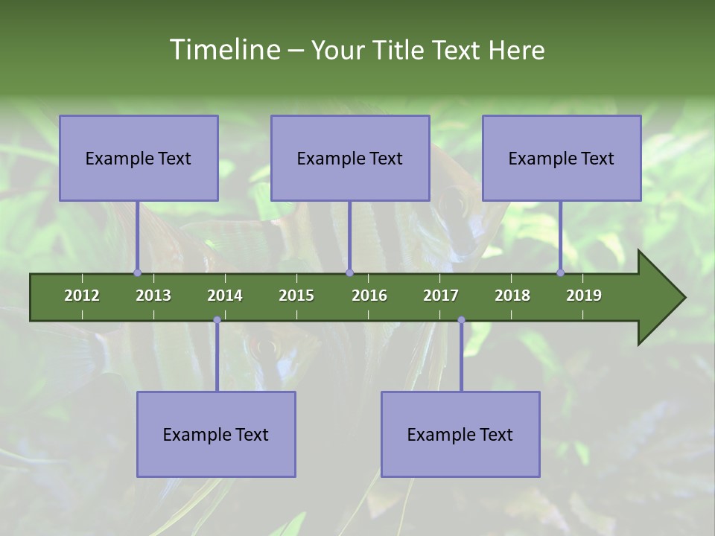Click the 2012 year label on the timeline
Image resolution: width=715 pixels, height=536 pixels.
82,296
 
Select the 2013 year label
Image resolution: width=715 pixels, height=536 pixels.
153,296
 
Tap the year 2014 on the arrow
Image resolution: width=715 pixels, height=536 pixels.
225,296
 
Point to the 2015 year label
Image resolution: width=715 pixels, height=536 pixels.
296,296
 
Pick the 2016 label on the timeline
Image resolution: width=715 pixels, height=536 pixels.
369,296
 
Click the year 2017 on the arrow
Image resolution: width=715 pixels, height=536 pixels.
441,296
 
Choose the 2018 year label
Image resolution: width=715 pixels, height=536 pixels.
512,296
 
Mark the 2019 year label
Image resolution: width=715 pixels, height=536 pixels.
584,296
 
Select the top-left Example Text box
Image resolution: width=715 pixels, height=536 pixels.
139,158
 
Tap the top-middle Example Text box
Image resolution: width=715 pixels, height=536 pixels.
350,158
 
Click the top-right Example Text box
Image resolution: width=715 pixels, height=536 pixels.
562,158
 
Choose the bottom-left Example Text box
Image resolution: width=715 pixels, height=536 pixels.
216,434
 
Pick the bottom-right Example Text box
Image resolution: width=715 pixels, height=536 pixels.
460,434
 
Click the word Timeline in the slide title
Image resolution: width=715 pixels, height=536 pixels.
224,50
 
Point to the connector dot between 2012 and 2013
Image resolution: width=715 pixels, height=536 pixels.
137,273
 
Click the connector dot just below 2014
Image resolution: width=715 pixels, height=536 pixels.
217,320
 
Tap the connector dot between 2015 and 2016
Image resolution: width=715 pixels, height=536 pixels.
350,273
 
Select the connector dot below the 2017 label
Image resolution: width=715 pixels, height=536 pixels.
461,320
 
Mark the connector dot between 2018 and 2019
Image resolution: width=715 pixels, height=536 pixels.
561,273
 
